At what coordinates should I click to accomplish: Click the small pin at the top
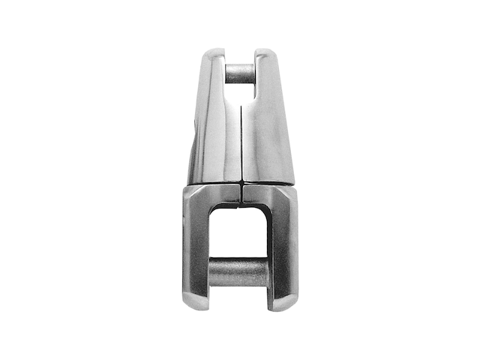(x=239, y=73)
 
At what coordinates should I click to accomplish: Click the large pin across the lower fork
(x=238, y=272)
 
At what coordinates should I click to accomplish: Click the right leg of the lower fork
(x=283, y=247)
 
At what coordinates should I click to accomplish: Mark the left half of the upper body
(x=214, y=135)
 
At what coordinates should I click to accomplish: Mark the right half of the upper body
(x=266, y=135)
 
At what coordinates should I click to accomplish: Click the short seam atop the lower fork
(x=241, y=193)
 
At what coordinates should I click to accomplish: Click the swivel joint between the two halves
(x=240, y=183)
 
